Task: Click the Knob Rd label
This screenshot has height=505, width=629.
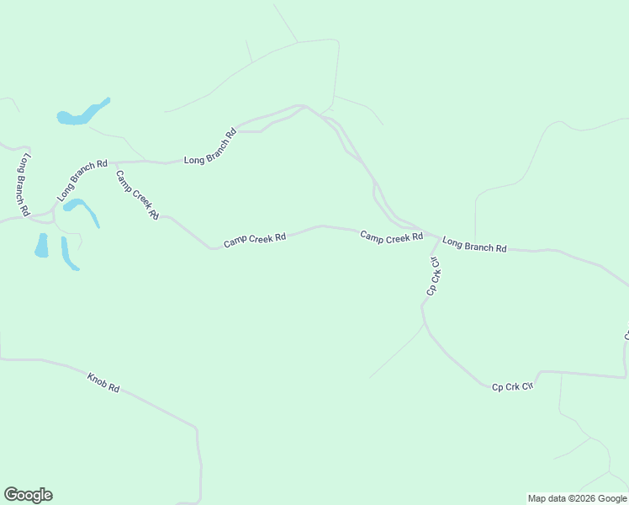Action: (104, 382)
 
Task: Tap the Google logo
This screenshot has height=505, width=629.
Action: (28, 495)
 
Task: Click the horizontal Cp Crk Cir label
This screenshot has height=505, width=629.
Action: (513, 386)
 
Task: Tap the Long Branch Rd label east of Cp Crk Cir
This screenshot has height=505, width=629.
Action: (474, 244)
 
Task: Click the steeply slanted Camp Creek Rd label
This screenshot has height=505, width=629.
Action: (137, 194)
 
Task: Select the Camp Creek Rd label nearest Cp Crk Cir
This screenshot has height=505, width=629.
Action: (391, 237)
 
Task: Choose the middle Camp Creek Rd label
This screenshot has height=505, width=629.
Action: (255, 241)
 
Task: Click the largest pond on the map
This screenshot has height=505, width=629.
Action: (82, 114)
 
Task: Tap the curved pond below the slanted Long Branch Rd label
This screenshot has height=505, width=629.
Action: (82, 208)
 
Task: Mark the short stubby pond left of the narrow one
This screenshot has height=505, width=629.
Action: (41, 246)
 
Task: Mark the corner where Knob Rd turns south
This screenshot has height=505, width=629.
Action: (197, 428)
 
